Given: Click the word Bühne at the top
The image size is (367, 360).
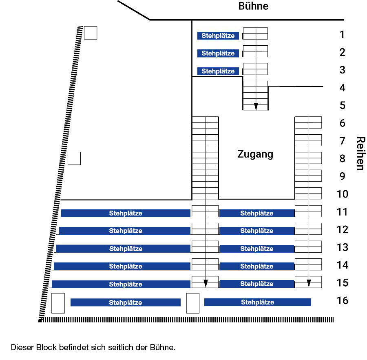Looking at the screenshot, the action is click(253, 6).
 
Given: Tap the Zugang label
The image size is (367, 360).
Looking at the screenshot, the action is click(255, 154).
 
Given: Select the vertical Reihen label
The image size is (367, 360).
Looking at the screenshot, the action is click(361, 153).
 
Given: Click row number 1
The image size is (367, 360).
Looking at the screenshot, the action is click(342, 35).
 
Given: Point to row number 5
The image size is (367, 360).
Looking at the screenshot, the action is click(343, 105).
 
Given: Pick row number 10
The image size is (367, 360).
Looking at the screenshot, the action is click(343, 194).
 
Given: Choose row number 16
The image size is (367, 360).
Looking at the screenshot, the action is click(343, 300).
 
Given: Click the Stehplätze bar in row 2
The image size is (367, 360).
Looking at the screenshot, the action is click(218, 53).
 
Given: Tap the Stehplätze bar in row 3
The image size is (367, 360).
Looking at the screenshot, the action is click(218, 71).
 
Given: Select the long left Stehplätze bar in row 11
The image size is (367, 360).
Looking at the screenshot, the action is click(126, 213).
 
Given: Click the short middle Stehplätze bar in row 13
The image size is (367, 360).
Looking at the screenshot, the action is click(257, 249).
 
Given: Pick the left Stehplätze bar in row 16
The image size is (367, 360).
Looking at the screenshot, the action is click(126, 302).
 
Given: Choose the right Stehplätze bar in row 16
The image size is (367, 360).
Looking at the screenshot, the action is click(257, 302).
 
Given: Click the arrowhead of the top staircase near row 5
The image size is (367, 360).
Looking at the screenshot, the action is click(256, 107).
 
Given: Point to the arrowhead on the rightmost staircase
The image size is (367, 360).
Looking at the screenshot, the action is click(309, 283).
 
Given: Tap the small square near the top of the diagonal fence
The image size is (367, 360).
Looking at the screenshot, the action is click(91, 33).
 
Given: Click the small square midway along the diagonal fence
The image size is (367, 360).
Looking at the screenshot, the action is click(74, 158).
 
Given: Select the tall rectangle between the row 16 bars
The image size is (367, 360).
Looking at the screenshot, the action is click(193, 303).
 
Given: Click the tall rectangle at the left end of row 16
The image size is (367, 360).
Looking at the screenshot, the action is click(58, 303).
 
